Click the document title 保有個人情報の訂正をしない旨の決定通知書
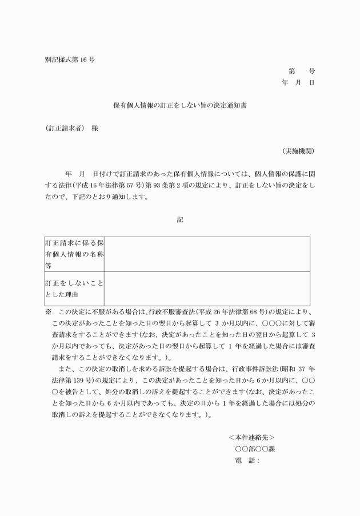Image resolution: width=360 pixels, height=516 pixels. coord(180,106)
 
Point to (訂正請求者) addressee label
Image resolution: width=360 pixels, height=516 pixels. coord(64,129)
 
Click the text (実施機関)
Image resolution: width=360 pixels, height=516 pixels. coord(298,151)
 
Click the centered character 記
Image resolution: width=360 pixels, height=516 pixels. coord(180,219)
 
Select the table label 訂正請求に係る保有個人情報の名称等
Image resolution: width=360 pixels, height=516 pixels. coord(74,254)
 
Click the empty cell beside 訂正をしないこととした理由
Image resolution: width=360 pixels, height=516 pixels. coord(207,289)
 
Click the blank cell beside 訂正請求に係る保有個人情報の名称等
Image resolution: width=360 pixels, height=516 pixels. coord(207,254)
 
